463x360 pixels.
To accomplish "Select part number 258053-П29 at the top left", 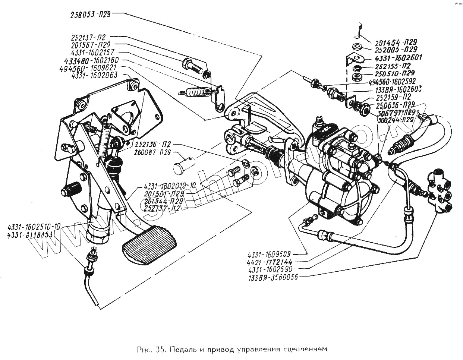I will click(91, 15).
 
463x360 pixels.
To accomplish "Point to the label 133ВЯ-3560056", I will click(273, 277).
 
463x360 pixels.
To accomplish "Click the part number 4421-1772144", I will click(270, 262).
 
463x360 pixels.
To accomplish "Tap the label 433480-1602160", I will click(91, 60).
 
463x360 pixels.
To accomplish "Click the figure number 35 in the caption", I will click(161, 349).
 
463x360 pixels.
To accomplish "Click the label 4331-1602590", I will click(270, 269).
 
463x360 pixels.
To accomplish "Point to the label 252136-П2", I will click(154, 144).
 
